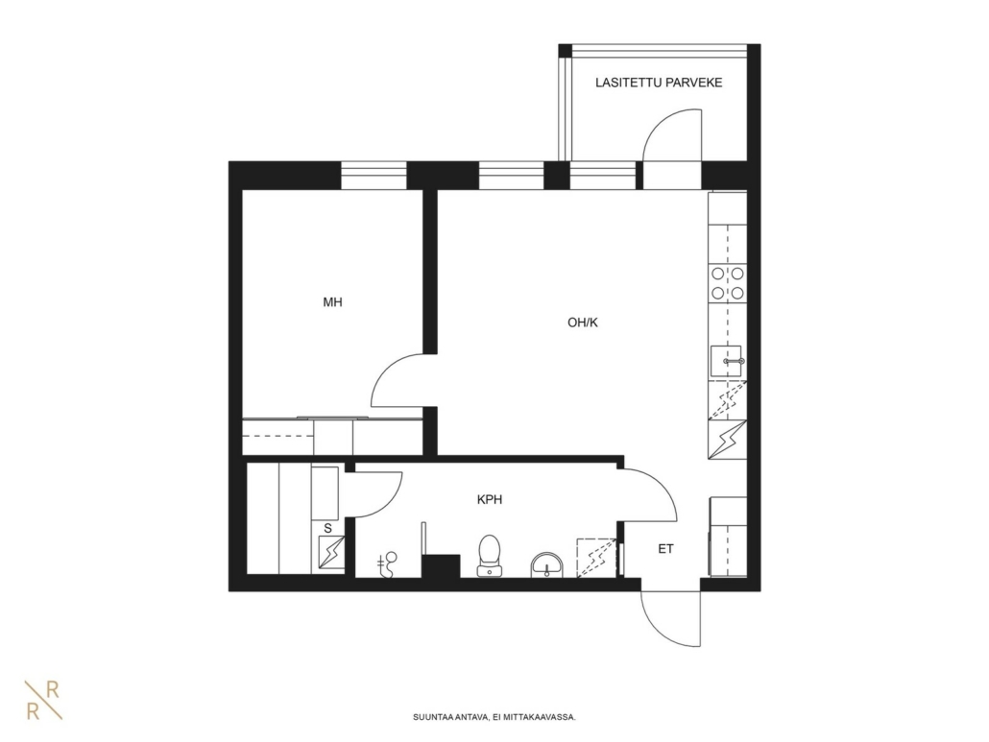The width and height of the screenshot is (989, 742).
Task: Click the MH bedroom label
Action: click(x=332, y=302)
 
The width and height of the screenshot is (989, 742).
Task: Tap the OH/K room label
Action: click(x=582, y=323)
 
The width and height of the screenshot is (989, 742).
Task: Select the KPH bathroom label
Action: click(x=490, y=500)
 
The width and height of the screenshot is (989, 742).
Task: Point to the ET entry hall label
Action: click(x=665, y=549)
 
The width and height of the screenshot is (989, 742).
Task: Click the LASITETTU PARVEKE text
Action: click(x=659, y=83)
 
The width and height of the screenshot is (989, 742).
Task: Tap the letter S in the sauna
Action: click(x=327, y=528)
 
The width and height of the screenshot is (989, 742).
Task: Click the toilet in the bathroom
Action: click(x=490, y=555)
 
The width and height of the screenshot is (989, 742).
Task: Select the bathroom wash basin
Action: click(x=546, y=564)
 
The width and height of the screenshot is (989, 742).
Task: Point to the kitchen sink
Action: click(x=727, y=361)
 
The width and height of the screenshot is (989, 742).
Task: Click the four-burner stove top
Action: click(x=727, y=283)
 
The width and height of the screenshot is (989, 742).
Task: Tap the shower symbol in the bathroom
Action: click(x=388, y=564)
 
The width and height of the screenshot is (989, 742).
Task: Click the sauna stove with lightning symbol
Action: click(x=331, y=553)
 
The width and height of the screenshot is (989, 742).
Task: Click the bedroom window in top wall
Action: click(x=374, y=176)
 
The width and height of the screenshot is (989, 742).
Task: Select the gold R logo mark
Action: click(x=43, y=700)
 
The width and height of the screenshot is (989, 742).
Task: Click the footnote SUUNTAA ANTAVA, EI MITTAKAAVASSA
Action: click(x=494, y=717)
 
